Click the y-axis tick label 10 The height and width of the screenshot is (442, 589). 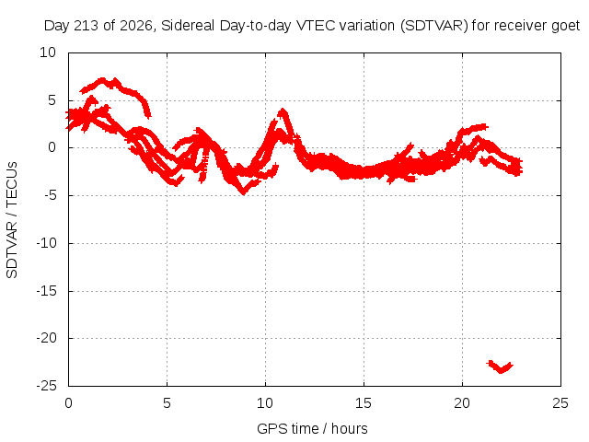point(48,52)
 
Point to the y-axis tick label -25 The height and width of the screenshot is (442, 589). point(47,386)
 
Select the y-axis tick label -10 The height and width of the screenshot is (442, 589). point(47,243)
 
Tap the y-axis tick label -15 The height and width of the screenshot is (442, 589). point(47,291)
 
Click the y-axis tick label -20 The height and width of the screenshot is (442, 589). point(47,338)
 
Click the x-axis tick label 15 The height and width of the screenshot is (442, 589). point(364,403)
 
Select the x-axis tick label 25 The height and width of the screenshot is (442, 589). point(560,403)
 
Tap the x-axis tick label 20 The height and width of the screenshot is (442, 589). point(462,403)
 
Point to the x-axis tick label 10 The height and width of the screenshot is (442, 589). point(265,403)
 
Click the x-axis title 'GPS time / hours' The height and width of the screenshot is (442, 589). point(312,428)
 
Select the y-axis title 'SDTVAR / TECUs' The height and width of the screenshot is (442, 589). point(12,220)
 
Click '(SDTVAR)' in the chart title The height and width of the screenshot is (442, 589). point(433,26)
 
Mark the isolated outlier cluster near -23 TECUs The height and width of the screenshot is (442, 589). point(501,366)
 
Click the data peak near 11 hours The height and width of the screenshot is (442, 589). point(283,110)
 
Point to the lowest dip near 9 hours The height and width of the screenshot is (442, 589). point(244,192)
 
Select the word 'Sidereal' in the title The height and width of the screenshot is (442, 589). point(188,26)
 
